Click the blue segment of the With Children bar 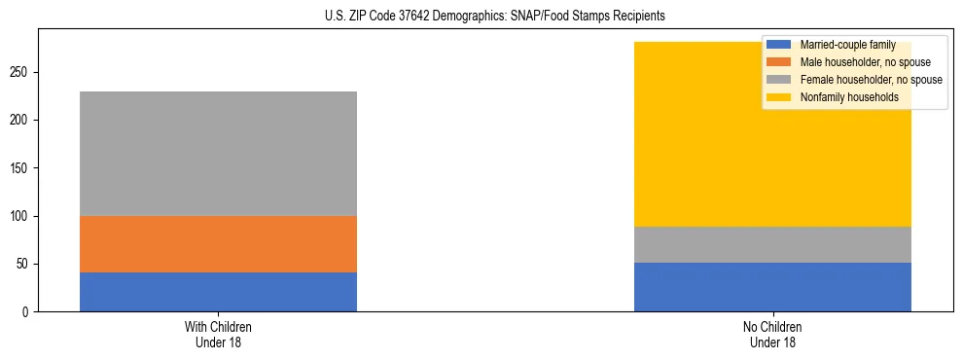point(218,292)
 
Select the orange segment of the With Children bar point(218,244)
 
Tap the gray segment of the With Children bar point(218,154)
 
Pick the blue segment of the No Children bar point(772,287)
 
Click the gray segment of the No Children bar point(772,244)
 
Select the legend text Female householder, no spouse point(871,80)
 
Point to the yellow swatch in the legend point(779,97)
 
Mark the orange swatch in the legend point(779,62)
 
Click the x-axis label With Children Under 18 point(218,334)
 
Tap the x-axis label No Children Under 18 point(772,334)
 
